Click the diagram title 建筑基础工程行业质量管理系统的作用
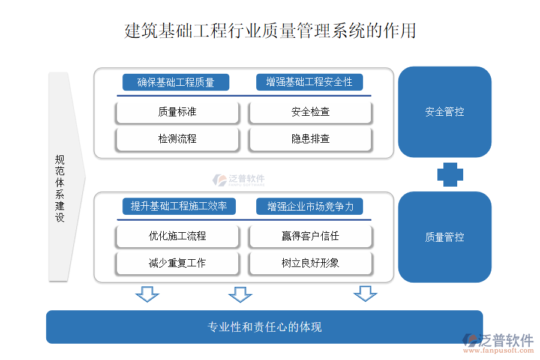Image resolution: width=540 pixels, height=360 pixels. tap(270, 31)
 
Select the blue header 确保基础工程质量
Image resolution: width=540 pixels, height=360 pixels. tap(176, 82)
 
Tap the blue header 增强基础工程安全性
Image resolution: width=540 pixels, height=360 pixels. tap(310, 82)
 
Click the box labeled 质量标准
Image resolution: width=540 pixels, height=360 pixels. tap(178, 112)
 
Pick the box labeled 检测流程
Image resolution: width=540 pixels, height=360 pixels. tap(178, 139)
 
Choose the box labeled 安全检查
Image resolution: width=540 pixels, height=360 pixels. tap(310, 112)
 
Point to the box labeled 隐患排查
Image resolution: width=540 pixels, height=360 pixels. tap(310, 139)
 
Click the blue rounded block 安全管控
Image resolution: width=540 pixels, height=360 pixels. tap(445, 112)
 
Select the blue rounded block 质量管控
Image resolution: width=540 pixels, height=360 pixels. tap(445, 237)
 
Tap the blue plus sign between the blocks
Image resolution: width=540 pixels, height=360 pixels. tap(450, 175)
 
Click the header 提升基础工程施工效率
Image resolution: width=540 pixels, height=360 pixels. tap(179, 206)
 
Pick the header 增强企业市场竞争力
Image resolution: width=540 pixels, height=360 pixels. tap(310, 207)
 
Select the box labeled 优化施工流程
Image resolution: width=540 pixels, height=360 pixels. tap(178, 236)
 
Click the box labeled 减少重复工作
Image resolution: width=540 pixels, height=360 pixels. tap(178, 263)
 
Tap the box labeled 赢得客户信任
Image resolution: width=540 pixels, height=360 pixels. tap(310, 236)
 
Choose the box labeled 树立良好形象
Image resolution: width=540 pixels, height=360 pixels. tap(310, 263)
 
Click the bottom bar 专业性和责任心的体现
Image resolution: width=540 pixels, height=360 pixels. tap(265, 327)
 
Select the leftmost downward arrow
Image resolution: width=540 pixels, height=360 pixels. tap(147, 294)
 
